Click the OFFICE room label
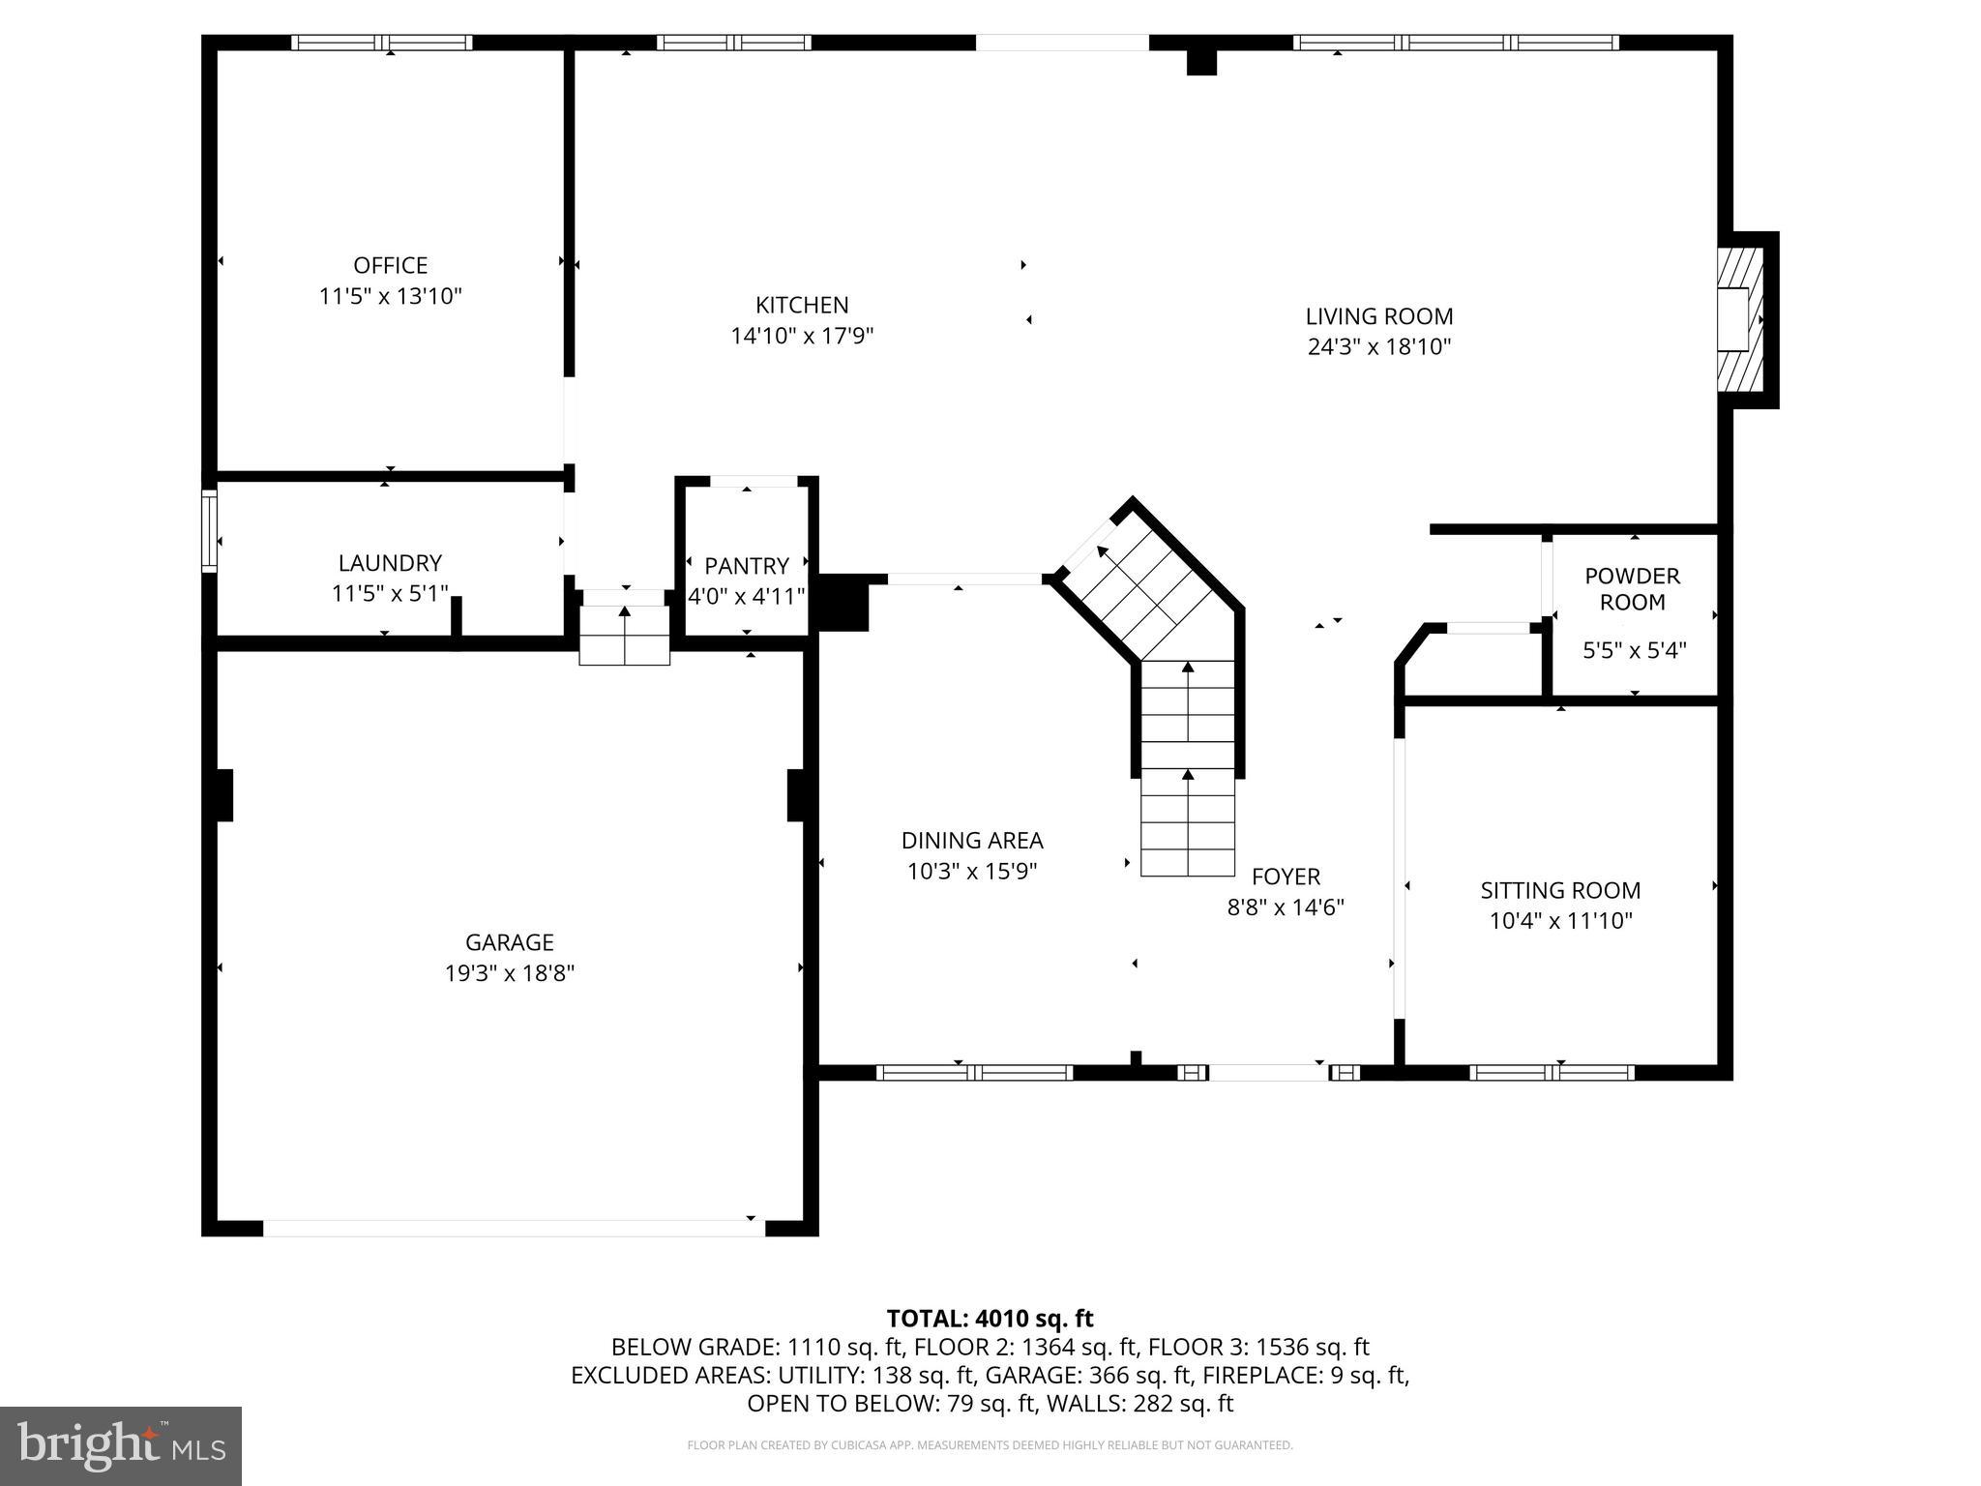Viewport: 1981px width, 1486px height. tap(390, 265)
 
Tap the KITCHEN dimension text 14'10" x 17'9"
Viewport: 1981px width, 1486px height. tap(802, 336)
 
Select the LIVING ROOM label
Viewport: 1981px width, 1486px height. tap(1379, 316)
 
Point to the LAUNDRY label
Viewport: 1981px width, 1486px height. tap(390, 563)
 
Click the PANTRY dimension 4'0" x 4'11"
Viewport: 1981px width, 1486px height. tap(746, 596)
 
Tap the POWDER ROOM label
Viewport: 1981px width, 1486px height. tap(1632, 589)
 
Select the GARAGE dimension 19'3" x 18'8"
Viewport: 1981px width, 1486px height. tap(510, 973)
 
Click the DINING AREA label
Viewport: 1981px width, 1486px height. tap(972, 841)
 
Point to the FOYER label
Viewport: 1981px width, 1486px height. tap(1286, 877)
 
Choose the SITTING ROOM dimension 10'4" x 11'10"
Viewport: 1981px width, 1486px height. tap(1560, 921)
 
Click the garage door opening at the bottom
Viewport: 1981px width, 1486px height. tap(513, 1228)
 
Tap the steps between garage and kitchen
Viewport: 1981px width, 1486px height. tap(624, 636)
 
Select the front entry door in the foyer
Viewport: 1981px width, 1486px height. tap(1267, 1072)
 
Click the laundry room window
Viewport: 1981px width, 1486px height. tap(209, 531)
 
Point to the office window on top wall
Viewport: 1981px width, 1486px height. tap(382, 43)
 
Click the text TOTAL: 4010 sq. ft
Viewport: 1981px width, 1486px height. tap(990, 1319)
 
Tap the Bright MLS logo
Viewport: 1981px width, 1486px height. tap(121, 1446)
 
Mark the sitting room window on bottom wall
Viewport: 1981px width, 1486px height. tap(1552, 1072)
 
